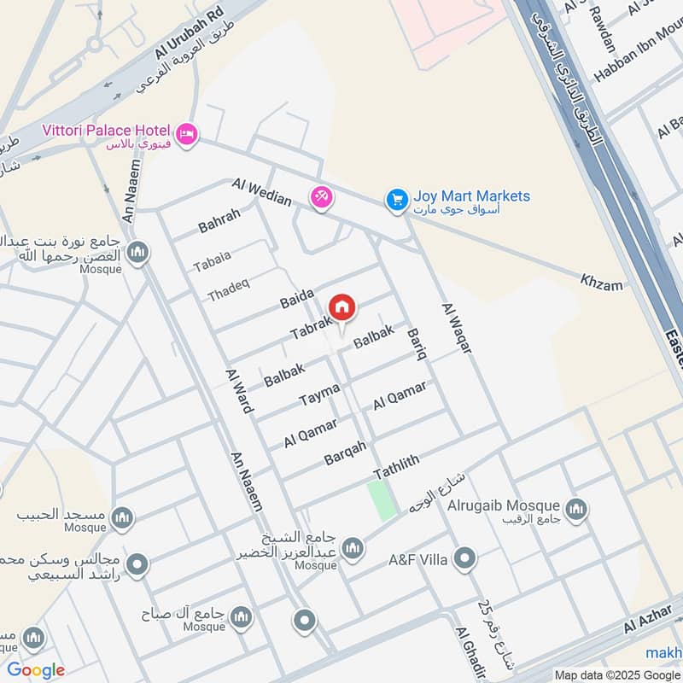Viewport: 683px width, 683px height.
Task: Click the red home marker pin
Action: (341, 307)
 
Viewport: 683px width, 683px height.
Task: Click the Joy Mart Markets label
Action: (471, 197)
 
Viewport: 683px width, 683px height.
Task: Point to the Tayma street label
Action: (319, 394)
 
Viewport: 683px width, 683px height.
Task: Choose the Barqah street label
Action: (345, 453)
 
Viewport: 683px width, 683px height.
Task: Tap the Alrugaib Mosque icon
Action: (577, 509)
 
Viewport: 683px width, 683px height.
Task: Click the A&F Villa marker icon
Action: (464, 560)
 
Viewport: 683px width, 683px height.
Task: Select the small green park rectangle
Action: (382, 500)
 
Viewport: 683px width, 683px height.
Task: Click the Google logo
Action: (36, 670)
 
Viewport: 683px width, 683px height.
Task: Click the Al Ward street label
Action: (239, 391)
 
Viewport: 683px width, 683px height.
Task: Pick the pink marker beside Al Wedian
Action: (321, 197)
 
